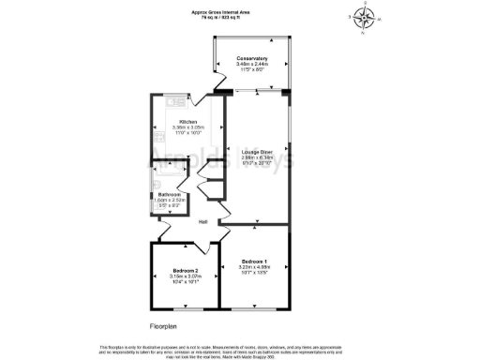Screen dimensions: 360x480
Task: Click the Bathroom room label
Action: tap(170, 195)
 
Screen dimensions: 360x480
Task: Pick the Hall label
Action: tap(202, 221)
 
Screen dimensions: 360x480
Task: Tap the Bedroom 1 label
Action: tap(254, 260)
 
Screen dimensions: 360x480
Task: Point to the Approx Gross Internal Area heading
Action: tap(239, 8)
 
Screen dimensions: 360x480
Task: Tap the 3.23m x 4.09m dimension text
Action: tap(254, 267)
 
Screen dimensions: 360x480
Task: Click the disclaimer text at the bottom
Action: tap(239, 350)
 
